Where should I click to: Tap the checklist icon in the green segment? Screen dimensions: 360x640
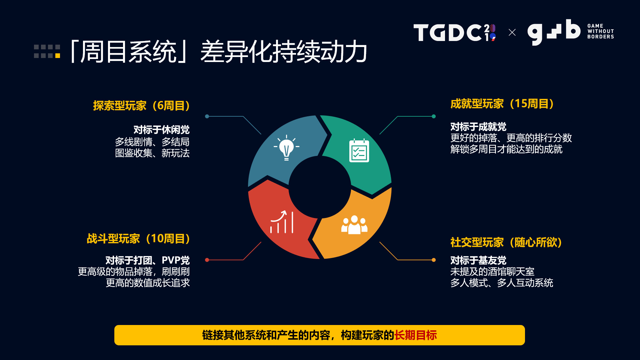[359, 151]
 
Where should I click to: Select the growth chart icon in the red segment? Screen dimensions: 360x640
[282, 222]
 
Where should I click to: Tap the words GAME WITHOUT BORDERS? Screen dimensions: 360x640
[600, 31]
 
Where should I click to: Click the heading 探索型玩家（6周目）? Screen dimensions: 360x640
[141, 106]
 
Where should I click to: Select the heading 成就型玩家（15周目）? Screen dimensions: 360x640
[502, 104]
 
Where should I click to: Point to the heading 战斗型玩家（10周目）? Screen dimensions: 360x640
[138, 239]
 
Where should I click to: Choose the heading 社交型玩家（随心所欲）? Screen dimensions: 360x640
[506, 242]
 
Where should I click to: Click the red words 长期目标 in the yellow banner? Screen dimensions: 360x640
[415, 335]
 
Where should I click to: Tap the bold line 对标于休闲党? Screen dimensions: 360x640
[161, 130]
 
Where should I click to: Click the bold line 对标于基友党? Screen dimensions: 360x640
[478, 260]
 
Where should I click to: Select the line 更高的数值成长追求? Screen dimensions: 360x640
[148, 283]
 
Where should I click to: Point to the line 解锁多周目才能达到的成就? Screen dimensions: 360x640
[506, 149]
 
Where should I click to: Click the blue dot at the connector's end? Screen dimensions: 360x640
[207, 116]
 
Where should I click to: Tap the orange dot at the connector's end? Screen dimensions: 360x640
[434, 260]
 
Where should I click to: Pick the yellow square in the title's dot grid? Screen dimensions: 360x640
[58, 56]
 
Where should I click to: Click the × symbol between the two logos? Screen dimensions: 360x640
[512, 32]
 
